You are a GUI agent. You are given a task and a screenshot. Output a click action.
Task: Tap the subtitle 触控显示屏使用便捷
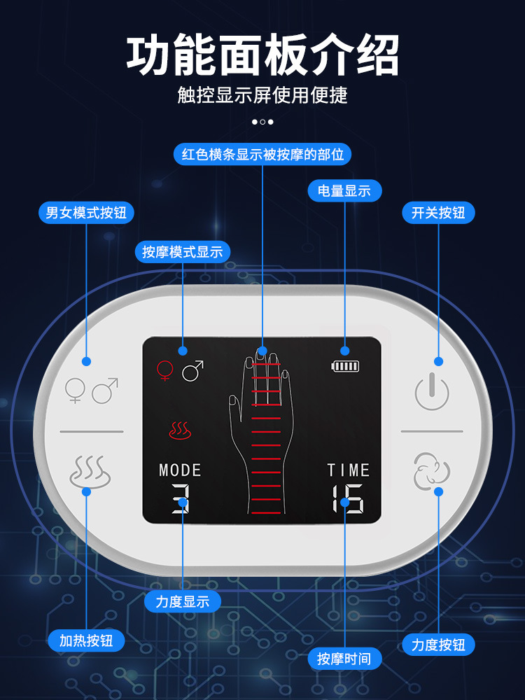pyautogui.click(x=262, y=95)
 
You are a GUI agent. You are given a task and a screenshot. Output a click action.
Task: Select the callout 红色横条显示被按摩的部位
pyautogui.click(x=262, y=154)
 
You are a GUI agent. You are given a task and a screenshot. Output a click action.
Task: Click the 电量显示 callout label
pyautogui.click(x=344, y=190)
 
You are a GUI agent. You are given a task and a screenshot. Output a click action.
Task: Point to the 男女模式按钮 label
pyautogui.click(x=86, y=212)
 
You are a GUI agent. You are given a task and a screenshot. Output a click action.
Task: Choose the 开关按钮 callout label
pyautogui.click(x=438, y=212)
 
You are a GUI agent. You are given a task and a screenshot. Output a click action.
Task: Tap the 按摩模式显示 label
pyautogui.click(x=182, y=251)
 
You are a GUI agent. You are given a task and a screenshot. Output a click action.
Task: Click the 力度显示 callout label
pyautogui.click(x=182, y=601)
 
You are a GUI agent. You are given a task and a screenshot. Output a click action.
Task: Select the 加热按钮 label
pyautogui.click(x=86, y=640)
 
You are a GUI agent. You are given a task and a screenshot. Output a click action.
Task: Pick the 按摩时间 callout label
pyautogui.click(x=344, y=658)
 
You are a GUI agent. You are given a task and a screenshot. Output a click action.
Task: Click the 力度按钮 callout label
pyautogui.click(x=438, y=644)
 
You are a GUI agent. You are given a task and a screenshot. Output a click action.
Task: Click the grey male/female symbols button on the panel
pyautogui.click(x=91, y=391)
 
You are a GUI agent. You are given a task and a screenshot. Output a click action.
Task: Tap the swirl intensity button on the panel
pyautogui.click(x=432, y=470)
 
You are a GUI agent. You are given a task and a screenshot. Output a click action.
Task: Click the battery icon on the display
pyautogui.click(x=346, y=365)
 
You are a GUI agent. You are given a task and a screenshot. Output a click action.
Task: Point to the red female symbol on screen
pyautogui.click(x=164, y=370)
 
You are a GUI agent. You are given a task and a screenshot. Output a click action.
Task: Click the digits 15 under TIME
pyautogui.click(x=347, y=497)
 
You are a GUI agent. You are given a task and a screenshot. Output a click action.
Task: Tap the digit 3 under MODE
pyautogui.click(x=181, y=497)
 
